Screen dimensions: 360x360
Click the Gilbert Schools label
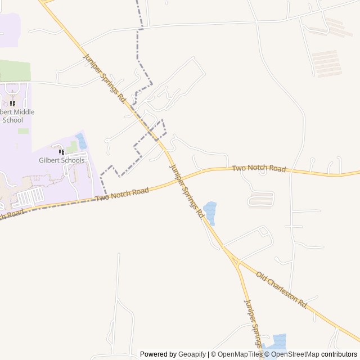point(62,160)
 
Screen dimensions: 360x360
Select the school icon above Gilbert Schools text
point(61,152)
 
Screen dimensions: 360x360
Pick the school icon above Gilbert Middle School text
point(12,104)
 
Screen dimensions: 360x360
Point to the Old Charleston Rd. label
point(282,290)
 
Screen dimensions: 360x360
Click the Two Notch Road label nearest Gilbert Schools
point(122,195)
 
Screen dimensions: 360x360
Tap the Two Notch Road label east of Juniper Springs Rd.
point(259,168)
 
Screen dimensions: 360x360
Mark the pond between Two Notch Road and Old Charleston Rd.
point(210,212)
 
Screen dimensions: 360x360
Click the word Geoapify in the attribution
point(192,354)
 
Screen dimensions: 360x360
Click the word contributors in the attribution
point(339,354)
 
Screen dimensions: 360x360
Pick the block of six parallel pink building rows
point(326,62)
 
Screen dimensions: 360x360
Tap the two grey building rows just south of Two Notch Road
point(261,199)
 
